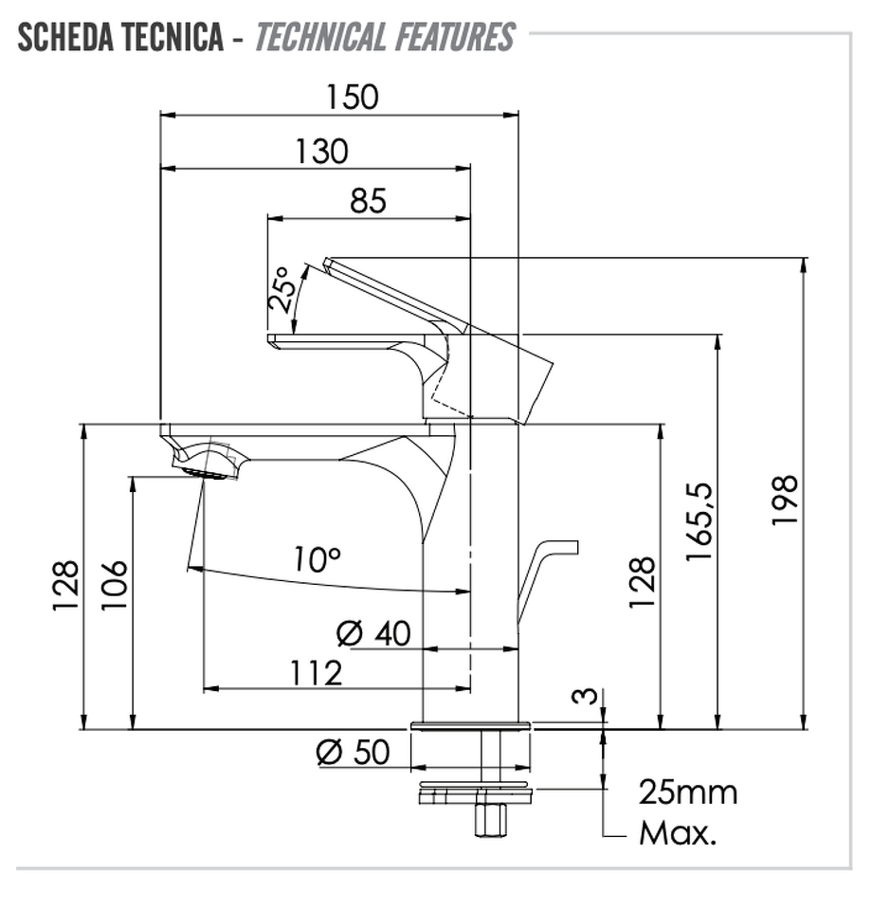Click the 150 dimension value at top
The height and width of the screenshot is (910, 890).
[x=353, y=97]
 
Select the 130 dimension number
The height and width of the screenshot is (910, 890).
[x=321, y=152]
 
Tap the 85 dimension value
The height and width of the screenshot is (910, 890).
[x=368, y=201]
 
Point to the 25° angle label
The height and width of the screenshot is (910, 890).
[x=282, y=290]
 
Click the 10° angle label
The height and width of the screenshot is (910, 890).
[x=317, y=559]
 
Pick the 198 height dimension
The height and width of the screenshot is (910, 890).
[x=785, y=500]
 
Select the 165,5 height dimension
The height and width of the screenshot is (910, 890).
[x=699, y=521]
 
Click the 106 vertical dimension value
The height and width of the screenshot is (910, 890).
[x=114, y=585]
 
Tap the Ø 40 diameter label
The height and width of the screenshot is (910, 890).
[x=373, y=633]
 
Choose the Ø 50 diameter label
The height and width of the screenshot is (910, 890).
[x=353, y=752]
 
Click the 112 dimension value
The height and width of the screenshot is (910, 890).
[x=316, y=673]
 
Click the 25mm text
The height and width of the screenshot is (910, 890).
[x=688, y=792]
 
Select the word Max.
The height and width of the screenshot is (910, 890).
[x=678, y=833]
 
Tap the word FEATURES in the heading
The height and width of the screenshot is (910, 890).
[x=455, y=37]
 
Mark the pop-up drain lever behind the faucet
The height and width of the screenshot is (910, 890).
[x=547, y=580]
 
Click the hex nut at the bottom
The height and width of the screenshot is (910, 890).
[x=490, y=819]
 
